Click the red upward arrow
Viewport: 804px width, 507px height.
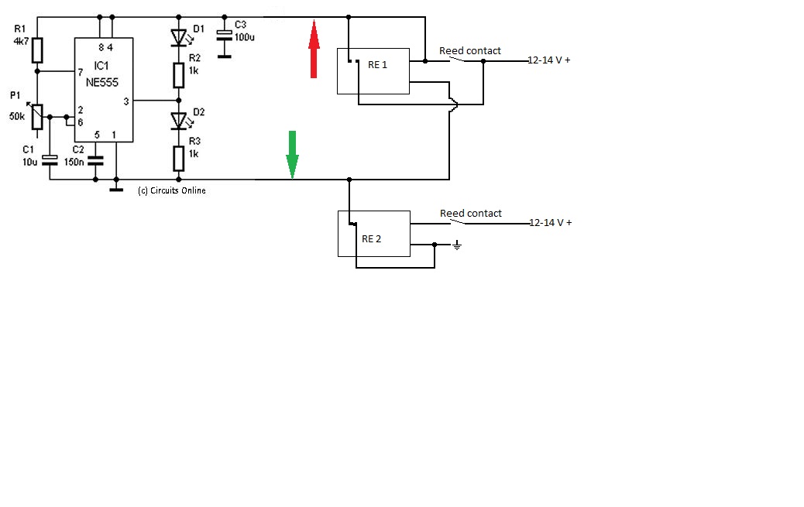coord(314,49)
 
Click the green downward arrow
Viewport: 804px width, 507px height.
coord(292,154)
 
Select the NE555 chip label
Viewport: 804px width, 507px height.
coord(102,83)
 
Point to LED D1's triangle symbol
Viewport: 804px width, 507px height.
coord(178,37)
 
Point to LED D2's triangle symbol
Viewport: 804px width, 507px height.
coord(178,121)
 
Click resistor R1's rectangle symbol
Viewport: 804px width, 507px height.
coord(37,50)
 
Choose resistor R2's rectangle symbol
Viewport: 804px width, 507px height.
coord(178,75)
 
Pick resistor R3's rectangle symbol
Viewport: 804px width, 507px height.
coord(178,159)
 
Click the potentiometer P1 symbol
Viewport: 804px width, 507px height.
coord(37,116)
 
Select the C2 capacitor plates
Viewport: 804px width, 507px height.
coord(95,161)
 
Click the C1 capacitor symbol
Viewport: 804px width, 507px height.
coord(50,160)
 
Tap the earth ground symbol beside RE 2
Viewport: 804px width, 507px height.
coord(457,245)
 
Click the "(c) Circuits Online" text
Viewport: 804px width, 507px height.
coord(172,190)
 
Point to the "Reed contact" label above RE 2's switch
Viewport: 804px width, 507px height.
coord(471,214)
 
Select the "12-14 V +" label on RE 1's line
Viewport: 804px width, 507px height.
coord(549,60)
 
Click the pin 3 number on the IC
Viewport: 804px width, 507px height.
coord(126,101)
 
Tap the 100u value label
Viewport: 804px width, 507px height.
coord(245,37)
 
